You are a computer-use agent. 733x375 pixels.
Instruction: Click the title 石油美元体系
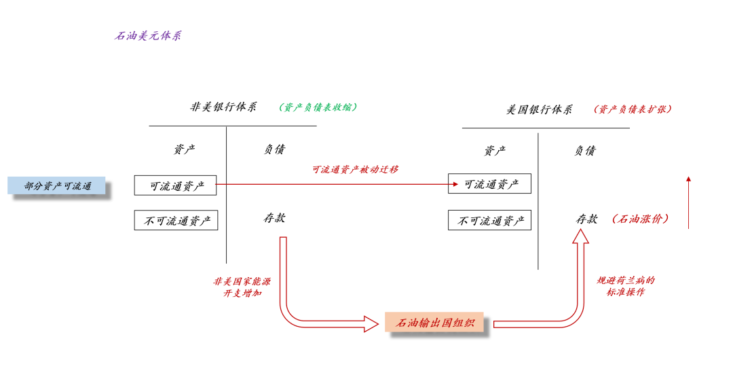pos(148,35)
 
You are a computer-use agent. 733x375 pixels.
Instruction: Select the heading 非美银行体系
pos(223,107)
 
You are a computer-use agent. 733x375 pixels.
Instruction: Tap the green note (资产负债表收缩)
pos(318,107)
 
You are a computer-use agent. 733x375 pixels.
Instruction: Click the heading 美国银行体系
pos(539,109)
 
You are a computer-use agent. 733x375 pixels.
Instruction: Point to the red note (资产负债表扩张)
pos(633,109)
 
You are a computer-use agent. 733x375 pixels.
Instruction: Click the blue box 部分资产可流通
pos(57,185)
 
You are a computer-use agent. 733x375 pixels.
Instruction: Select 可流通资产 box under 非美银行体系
pos(175,185)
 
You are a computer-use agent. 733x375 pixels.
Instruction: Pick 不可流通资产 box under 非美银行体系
pos(176,220)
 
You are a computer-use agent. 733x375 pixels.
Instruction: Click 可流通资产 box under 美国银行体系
pos(489,183)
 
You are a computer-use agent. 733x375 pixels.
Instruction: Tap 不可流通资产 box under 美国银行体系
pos(489,220)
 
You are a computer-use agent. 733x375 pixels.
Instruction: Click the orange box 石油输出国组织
pos(434,323)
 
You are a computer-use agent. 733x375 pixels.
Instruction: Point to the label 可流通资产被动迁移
pos(355,169)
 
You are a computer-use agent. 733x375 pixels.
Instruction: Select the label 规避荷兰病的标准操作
pos(625,286)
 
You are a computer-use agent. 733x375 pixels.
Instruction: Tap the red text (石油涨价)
pos(641,219)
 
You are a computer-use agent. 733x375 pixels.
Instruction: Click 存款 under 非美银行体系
pos(274,218)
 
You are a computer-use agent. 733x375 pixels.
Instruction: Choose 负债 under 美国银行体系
pos(584,151)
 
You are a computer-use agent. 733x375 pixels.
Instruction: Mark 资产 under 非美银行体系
pos(184,149)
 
